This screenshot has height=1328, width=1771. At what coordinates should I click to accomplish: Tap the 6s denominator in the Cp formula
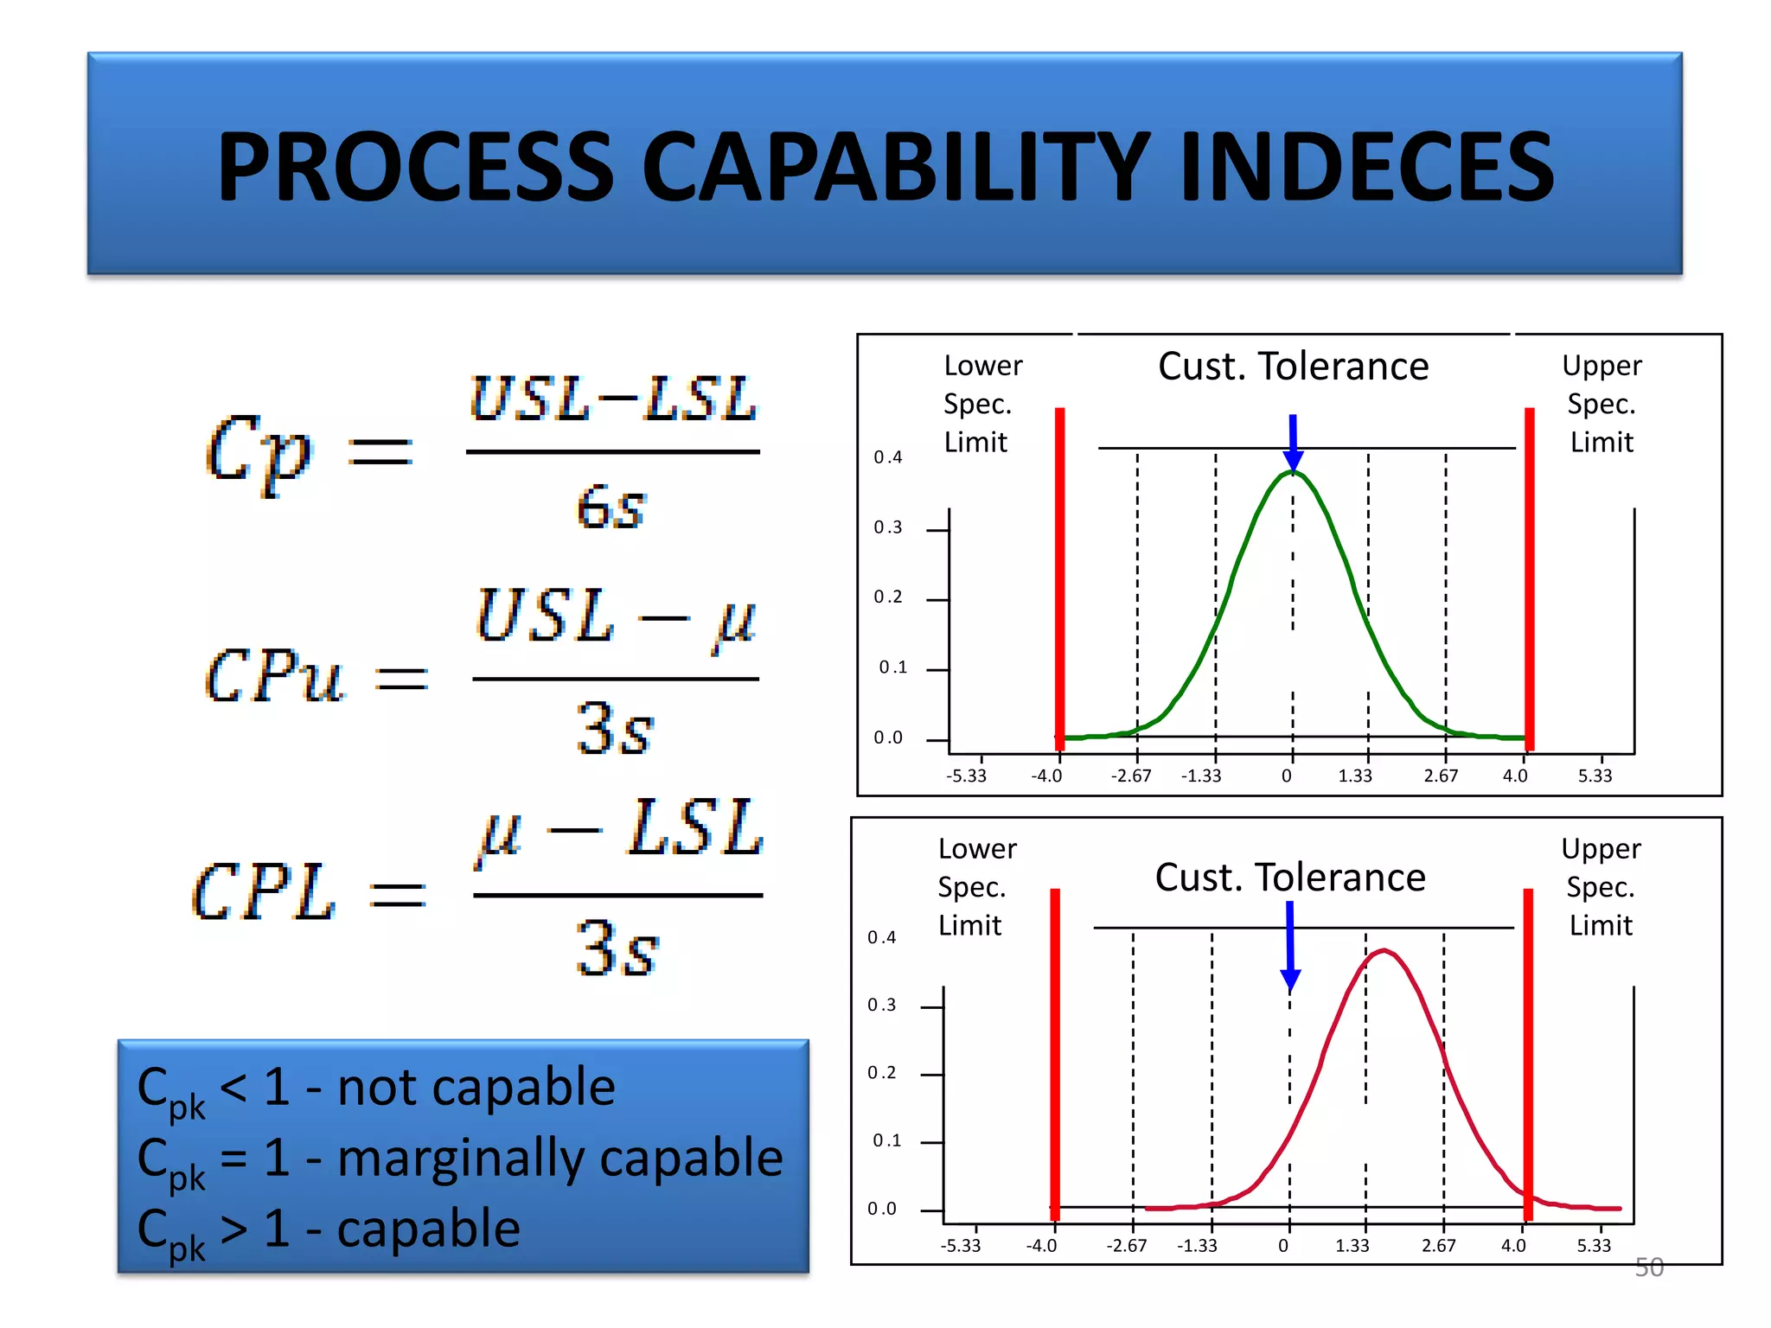coord(611,507)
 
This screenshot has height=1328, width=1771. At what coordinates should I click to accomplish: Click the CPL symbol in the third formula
coord(263,892)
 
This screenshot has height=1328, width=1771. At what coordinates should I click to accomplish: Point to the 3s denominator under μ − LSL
coord(616,948)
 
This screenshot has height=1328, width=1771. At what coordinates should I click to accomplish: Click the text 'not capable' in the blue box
coord(476,1087)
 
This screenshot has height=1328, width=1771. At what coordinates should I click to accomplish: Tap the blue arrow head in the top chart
coord(1293,458)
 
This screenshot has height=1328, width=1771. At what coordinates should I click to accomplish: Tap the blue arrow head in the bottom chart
coord(1290,980)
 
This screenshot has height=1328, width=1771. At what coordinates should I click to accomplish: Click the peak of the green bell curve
coord(1293,473)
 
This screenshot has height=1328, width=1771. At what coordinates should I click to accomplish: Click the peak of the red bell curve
coord(1384,951)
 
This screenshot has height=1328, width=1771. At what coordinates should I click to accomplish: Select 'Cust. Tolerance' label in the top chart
coord(1293,367)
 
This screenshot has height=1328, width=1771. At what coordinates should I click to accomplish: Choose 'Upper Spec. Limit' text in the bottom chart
coord(1601,887)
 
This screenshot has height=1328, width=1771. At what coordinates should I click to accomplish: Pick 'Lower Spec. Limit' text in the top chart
coord(981,404)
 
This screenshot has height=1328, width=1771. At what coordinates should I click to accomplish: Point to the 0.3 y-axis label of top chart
coord(887,527)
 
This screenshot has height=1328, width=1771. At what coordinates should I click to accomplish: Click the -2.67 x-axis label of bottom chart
coord(1126,1246)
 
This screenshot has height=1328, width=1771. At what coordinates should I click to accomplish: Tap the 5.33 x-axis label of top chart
coord(1595,776)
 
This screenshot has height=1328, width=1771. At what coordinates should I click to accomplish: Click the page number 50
coord(1648,1267)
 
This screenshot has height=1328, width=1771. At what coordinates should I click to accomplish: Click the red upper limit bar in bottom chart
coord(1528,1037)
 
